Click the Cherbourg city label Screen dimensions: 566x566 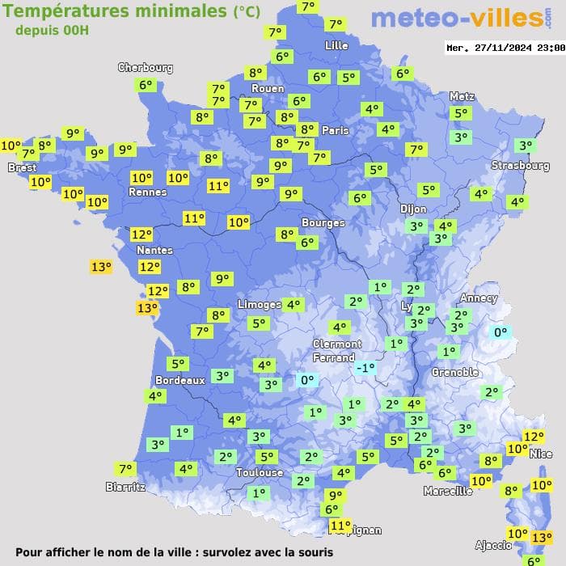click(x=146, y=68)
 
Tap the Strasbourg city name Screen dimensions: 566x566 click(x=520, y=166)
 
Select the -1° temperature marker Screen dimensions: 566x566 click(x=365, y=368)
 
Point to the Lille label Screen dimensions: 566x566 click(x=336, y=45)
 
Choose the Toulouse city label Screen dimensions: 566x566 click(x=260, y=472)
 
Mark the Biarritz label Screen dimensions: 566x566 click(x=125, y=487)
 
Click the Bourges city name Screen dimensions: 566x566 click(x=323, y=222)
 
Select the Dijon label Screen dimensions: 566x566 click(x=412, y=209)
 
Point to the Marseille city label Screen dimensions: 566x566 click(x=448, y=491)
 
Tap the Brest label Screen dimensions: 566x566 click(x=22, y=167)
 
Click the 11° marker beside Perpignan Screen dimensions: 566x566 click(x=340, y=526)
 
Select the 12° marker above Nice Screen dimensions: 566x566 click(x=534, y=437)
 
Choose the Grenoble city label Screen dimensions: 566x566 click(x=455, y=373)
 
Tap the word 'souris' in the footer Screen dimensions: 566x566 click(x=312, y=552)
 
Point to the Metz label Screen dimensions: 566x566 click(x=462, y=96)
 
